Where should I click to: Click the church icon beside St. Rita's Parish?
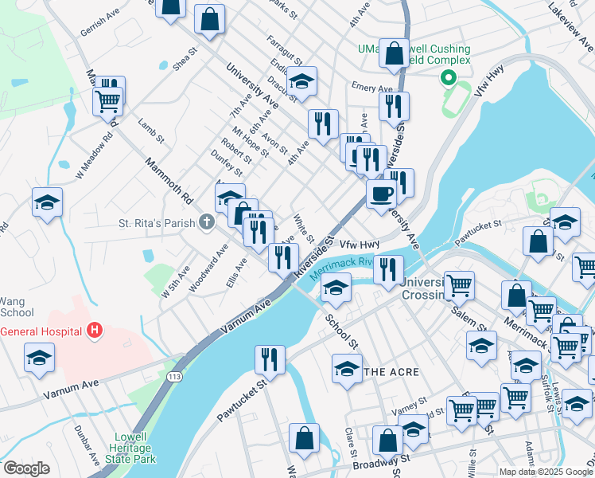coord(207,222)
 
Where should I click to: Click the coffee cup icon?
coord(381,193)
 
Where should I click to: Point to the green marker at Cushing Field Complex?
coord(448,78)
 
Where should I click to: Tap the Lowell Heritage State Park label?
coord(123,448)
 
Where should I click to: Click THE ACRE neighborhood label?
coord(391,372)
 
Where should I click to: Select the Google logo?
coord(26,468)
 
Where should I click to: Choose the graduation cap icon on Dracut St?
coord(301,80)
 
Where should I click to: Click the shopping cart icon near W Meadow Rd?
coord(107,100)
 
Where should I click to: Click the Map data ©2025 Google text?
coord(546,472)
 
